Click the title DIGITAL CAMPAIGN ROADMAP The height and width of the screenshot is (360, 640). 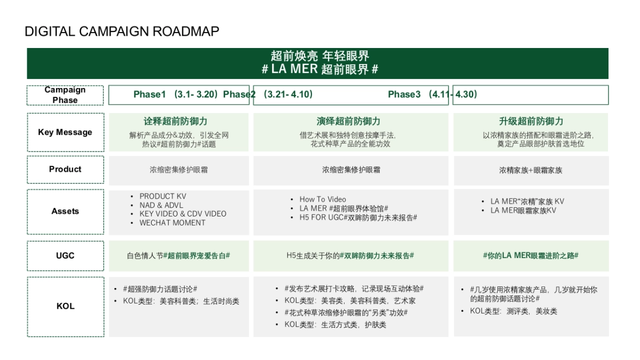(122, 31)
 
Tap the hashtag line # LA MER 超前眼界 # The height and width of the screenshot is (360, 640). (320, 69)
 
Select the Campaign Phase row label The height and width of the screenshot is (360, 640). (65, 95)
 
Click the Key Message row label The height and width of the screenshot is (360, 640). (65, 132)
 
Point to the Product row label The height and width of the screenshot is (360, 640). (65, 170)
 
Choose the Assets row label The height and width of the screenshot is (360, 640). (65, 211)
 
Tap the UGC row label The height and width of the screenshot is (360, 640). (65, 255)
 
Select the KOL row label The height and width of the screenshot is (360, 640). (65, 306)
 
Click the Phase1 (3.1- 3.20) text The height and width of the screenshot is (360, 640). (176, 94)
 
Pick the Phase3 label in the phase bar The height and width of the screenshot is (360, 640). (404, 94)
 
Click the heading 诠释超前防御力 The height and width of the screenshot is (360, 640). (175, 122)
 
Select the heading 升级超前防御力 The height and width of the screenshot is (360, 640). (531, 122)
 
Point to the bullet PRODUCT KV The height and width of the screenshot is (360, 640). (163, 196)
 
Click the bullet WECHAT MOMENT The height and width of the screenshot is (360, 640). (172, 223)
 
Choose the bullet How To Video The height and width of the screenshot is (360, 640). (323, 199)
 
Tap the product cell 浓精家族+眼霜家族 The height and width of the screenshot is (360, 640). (531, 170)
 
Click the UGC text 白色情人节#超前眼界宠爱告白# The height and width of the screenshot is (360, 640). (179, 256)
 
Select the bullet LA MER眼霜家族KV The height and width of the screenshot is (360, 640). (523, 211)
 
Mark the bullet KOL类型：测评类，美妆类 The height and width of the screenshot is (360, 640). (513, 311)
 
